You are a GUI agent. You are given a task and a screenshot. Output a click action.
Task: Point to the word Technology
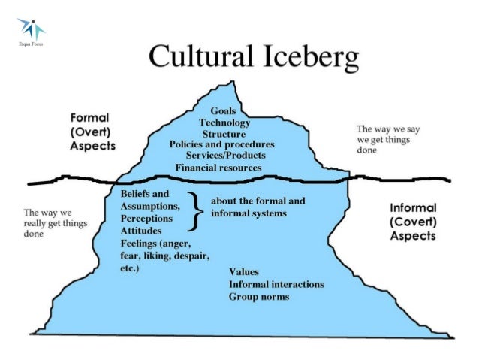pos(224,123)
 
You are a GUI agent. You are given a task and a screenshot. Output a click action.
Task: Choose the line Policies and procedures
pos(222,144)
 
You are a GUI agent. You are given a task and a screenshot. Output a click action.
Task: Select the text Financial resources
pos(218,167)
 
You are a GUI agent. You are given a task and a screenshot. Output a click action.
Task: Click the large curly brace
pos(194,208)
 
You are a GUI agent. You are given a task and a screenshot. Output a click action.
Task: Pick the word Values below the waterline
pos(245,272)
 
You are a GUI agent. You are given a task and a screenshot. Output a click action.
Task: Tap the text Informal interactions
pos(276,284)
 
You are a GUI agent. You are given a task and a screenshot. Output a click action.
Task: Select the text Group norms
pos(259,297)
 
